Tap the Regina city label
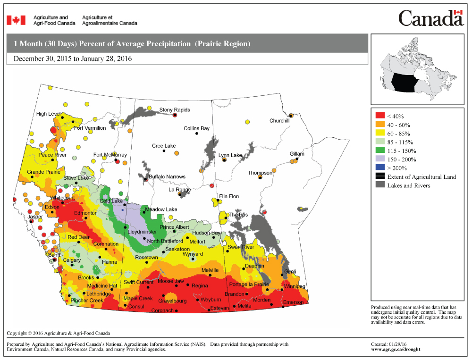click(x=200, y=285)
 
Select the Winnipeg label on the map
click(x=295, y=286)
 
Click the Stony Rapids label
click(x=175, y=110)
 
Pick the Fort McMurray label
click(x=110, y=155)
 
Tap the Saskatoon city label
click(x=178, y=249)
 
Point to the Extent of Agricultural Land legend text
click(x=421, y=177)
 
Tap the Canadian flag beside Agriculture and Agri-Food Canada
click(x=16, y=20)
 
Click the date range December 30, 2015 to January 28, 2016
click(x=73, y=59)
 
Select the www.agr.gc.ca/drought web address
click(x=396, y=350)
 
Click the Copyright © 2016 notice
click(x=58, y=333)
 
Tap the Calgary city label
click(x=72, y=260)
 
